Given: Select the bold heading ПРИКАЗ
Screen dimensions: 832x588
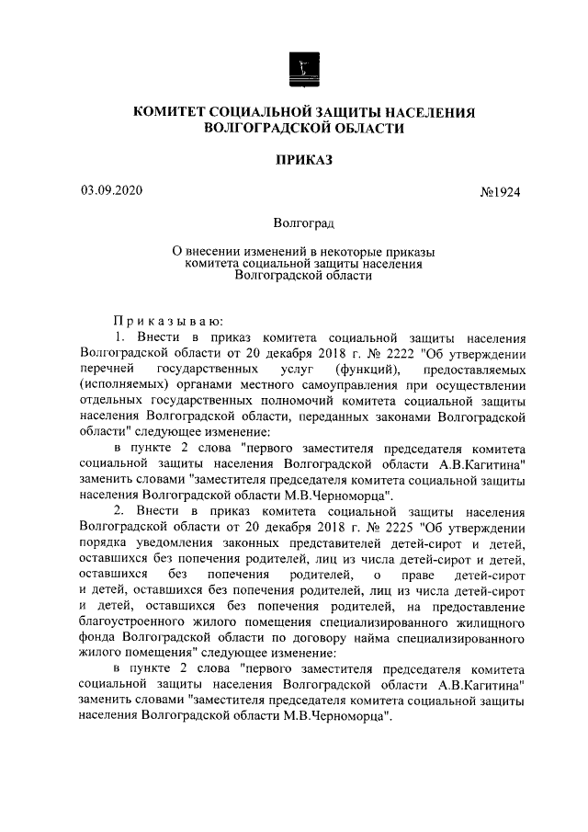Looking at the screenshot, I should tap(303, 160).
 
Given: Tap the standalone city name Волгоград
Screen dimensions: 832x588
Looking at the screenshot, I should tap(303, 222).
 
